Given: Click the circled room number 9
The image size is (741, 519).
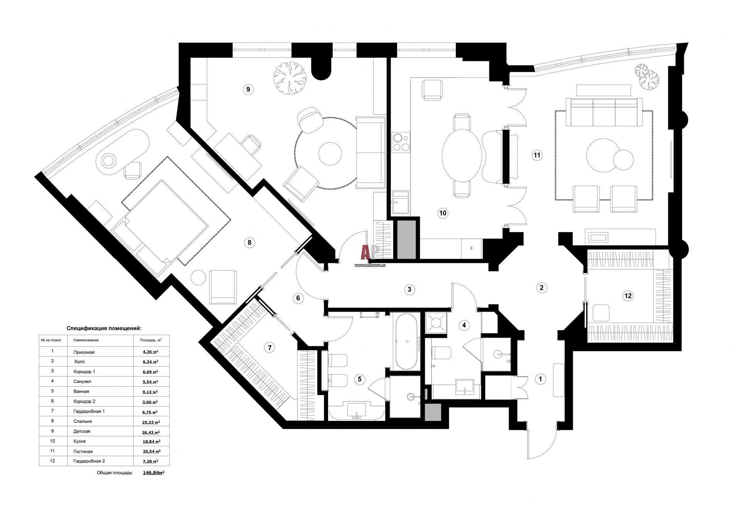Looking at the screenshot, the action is pos(248,90).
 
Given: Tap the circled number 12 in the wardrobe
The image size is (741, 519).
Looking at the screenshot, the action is pos(628,296).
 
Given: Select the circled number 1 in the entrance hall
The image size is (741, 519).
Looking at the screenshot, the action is pos(540,379).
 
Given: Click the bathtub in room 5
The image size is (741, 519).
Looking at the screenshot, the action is pos(406,342).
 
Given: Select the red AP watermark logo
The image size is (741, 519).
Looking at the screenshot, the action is pos(370,252).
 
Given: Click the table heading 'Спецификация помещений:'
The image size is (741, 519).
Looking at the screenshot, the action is pos(104,328).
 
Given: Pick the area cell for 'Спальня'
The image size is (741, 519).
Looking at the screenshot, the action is pos(151,422).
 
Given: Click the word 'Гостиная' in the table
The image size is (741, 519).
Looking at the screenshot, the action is pos(83,451).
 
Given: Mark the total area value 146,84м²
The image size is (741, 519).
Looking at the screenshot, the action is pos(154,472).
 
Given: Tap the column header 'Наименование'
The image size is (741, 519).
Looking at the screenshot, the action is pos(86,340).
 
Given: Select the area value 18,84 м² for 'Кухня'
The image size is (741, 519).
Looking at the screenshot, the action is pos(151,441).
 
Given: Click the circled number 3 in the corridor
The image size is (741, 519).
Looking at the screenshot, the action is pos(409,289).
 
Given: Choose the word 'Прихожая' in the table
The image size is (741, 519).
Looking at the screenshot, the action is pos(84,352).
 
